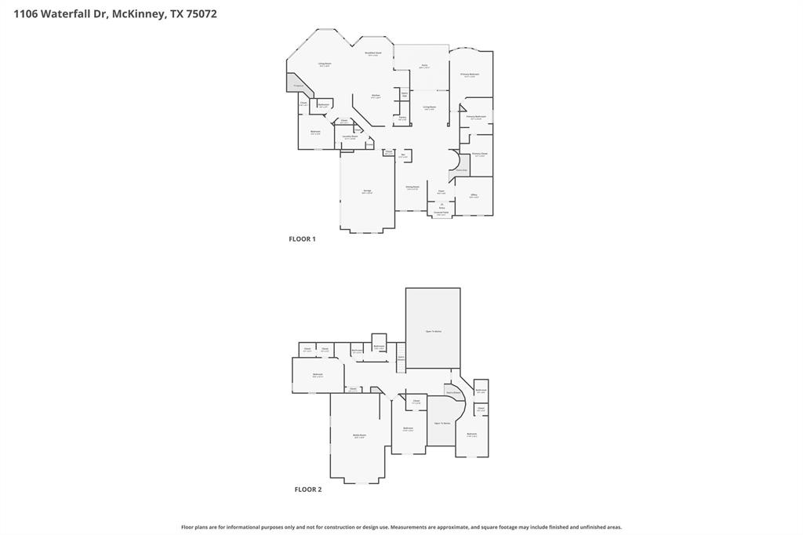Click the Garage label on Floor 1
(x=367, y=191)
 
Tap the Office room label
(x=474, y=195)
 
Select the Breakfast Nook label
(x=373, y=53)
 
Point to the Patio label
(x=424, y=66)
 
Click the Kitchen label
(x=376, y=96)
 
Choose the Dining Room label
(x=412, y=187)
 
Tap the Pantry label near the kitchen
(x=402, y=118)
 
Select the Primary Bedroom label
(x=470, y=75)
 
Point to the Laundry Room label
(x=350, y=136)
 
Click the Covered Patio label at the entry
(x=441, y=213)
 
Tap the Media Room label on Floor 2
(x=359, y=435)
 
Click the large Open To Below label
(x=433, y=332)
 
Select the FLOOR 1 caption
(x=302, y=238)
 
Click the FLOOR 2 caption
(x=307, y=490)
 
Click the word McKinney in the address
(x=138, y=13)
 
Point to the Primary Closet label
(x=480, y=154)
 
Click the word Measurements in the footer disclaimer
(x=412, y=527)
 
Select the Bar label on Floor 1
(x=403, y=155)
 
